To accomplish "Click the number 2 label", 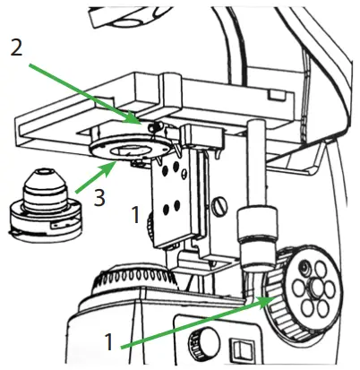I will [16, 47].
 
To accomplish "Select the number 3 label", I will [99, 198].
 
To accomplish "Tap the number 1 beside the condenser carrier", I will [135, 216].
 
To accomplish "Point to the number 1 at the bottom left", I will [108, 341].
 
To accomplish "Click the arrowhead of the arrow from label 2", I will [137, 118].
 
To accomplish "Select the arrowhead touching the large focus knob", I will [267, 302].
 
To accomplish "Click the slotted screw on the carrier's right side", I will [220, 206].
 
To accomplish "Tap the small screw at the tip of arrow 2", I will [145, 122].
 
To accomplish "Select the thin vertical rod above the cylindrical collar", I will [256, 166].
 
